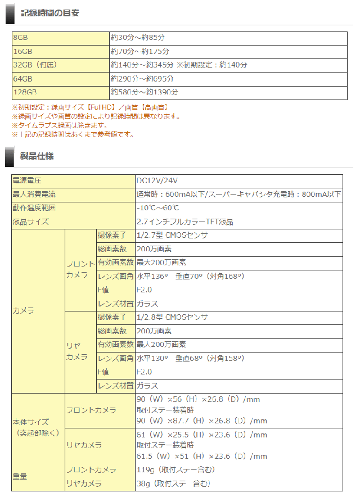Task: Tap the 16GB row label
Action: coord(22,51)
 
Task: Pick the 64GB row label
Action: coord(22,78)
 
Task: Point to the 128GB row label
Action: coord(25,92)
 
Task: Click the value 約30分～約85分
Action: coord(137,38)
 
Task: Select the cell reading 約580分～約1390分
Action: coord(144,92)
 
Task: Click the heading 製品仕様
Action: coord(37,156)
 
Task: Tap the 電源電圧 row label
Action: coord(27,180)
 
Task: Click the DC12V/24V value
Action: coord(157,180)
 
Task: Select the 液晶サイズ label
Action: coord(30,222)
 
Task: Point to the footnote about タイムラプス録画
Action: coord(59,125)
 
